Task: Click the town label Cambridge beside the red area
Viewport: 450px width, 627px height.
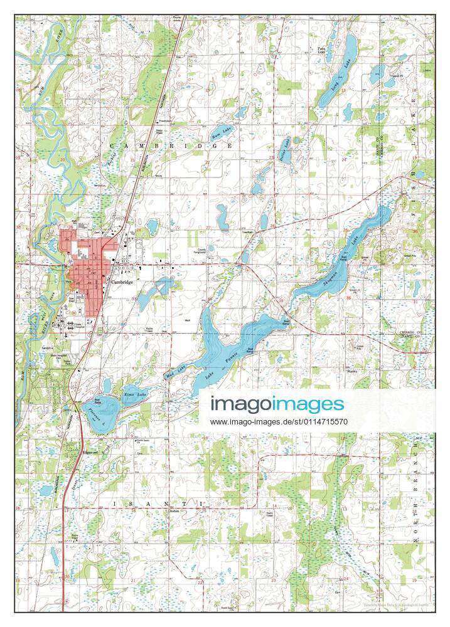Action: pos(122,282)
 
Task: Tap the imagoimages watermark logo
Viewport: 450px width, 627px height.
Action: pos(277,404)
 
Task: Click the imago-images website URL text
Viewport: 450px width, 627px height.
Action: pos(279,422)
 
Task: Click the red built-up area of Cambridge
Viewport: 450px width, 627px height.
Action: pos(85,263)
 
